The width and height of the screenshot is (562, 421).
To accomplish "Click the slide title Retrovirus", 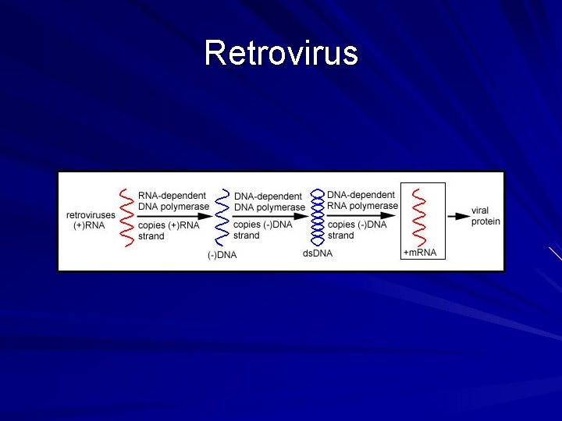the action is (281, 53).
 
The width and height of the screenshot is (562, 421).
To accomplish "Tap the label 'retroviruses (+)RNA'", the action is (90, 220).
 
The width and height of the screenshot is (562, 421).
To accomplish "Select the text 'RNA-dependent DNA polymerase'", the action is (173, 201).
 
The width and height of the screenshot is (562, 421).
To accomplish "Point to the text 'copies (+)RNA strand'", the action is (168, 231).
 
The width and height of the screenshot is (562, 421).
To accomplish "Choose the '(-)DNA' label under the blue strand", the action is (222, 255).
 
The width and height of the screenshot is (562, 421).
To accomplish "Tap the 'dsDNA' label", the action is (317, 253).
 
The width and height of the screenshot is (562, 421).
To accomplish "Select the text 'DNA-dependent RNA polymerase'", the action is (362, 200).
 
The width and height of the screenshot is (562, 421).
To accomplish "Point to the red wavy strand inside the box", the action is (419, 216).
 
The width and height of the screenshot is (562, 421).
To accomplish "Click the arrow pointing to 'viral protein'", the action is (457, 216).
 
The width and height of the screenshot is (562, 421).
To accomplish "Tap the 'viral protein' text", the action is (485, 216).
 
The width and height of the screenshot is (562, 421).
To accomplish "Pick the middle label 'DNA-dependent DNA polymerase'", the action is (269, 202).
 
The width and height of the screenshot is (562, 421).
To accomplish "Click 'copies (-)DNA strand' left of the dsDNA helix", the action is (262, 230).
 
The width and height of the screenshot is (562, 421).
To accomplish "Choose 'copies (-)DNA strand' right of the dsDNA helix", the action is (357, 230).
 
